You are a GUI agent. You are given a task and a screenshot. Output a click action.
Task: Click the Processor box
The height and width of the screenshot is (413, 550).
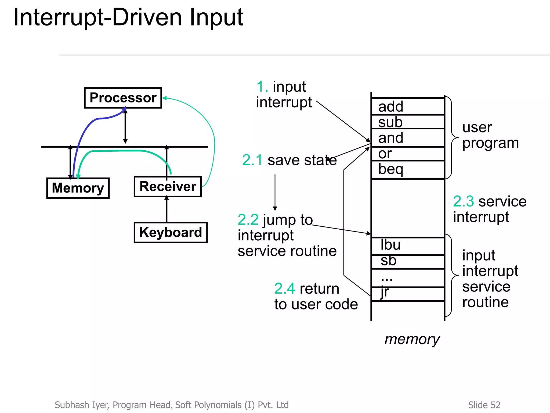[123, 98]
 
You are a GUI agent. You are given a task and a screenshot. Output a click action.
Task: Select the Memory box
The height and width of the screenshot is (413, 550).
[78, 188]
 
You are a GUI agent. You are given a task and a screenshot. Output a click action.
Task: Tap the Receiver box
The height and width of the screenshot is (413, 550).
[168, 187]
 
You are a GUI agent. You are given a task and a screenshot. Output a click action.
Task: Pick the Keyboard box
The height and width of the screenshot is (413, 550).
[171, 232]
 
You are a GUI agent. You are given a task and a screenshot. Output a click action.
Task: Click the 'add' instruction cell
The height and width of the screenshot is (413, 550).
[408, 106]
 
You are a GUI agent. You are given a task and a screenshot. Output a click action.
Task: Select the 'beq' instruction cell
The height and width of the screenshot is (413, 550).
[408, 169]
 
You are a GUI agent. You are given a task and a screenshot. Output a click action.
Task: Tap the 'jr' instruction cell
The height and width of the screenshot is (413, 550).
[408, 294]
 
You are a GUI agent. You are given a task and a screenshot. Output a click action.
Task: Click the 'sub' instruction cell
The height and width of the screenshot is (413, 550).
[408, 122]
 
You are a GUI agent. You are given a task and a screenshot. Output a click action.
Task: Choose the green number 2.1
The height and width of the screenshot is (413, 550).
[252, 160]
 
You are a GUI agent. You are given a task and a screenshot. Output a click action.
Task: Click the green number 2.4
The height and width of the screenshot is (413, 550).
[284, 289]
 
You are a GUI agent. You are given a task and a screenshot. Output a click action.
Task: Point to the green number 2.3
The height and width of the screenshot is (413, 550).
[463, 201]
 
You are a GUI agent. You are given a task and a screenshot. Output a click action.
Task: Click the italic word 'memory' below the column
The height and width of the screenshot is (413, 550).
[412, 339]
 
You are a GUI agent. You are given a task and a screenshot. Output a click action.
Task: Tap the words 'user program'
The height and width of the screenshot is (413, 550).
[490, 135]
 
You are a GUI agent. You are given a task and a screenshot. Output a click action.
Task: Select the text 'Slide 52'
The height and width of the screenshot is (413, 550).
[484, 405]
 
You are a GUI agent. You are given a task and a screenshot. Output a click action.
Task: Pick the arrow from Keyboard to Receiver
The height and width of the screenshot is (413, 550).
[167, 209]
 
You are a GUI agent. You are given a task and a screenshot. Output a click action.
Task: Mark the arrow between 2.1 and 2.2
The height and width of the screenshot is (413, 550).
[275, 193]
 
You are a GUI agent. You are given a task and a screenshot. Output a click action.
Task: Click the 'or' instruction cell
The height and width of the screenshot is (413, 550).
[408, 154]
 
